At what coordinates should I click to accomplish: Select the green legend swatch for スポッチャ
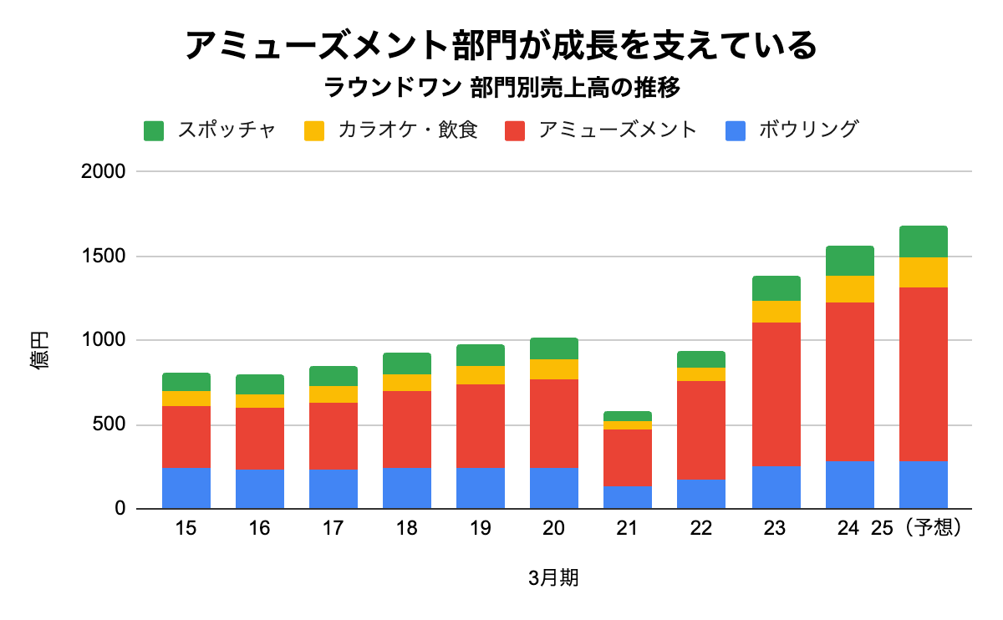point(155,130)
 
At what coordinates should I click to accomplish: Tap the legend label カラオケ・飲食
point(408,130)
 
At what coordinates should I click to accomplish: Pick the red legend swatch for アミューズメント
point(516,130)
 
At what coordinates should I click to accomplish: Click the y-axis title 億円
point(41,351)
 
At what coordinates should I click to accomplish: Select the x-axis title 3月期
point(553,578)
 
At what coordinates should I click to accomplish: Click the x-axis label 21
point(627,529)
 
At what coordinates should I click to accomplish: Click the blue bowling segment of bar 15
point(186,488)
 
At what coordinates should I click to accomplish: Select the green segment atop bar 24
point(849,261)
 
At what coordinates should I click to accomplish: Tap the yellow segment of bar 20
point(554,369)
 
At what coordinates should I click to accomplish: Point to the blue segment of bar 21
point(628,497)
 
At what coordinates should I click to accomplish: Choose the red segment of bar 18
point(407,429)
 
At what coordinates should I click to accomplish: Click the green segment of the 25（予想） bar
point(923,241)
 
